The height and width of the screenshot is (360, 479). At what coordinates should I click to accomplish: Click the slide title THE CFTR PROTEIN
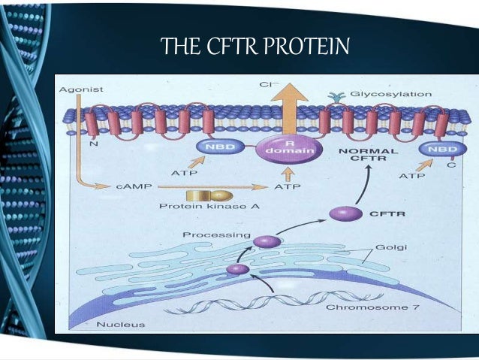pos(256,47)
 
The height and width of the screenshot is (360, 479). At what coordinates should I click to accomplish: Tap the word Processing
pos(216,235)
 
